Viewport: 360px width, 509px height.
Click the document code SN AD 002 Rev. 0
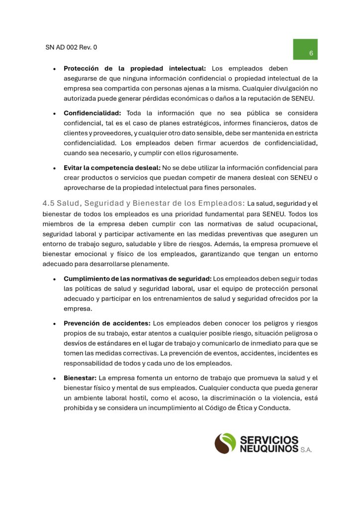pos(71,48)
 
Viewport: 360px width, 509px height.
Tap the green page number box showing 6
pos(305,49)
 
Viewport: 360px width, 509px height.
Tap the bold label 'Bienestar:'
pos(80,378)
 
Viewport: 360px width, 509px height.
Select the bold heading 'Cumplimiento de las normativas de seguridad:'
pos(137,279)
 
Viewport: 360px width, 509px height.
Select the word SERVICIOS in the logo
pos(269,439)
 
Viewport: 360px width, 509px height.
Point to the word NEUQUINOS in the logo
pos(269,448)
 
